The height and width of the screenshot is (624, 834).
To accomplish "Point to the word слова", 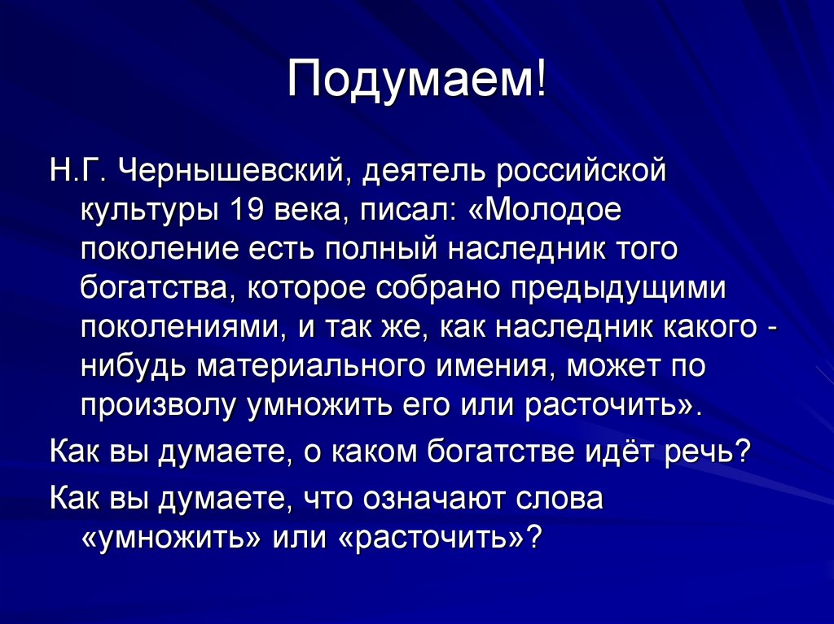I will pyautogui.click(x=563, y=499).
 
